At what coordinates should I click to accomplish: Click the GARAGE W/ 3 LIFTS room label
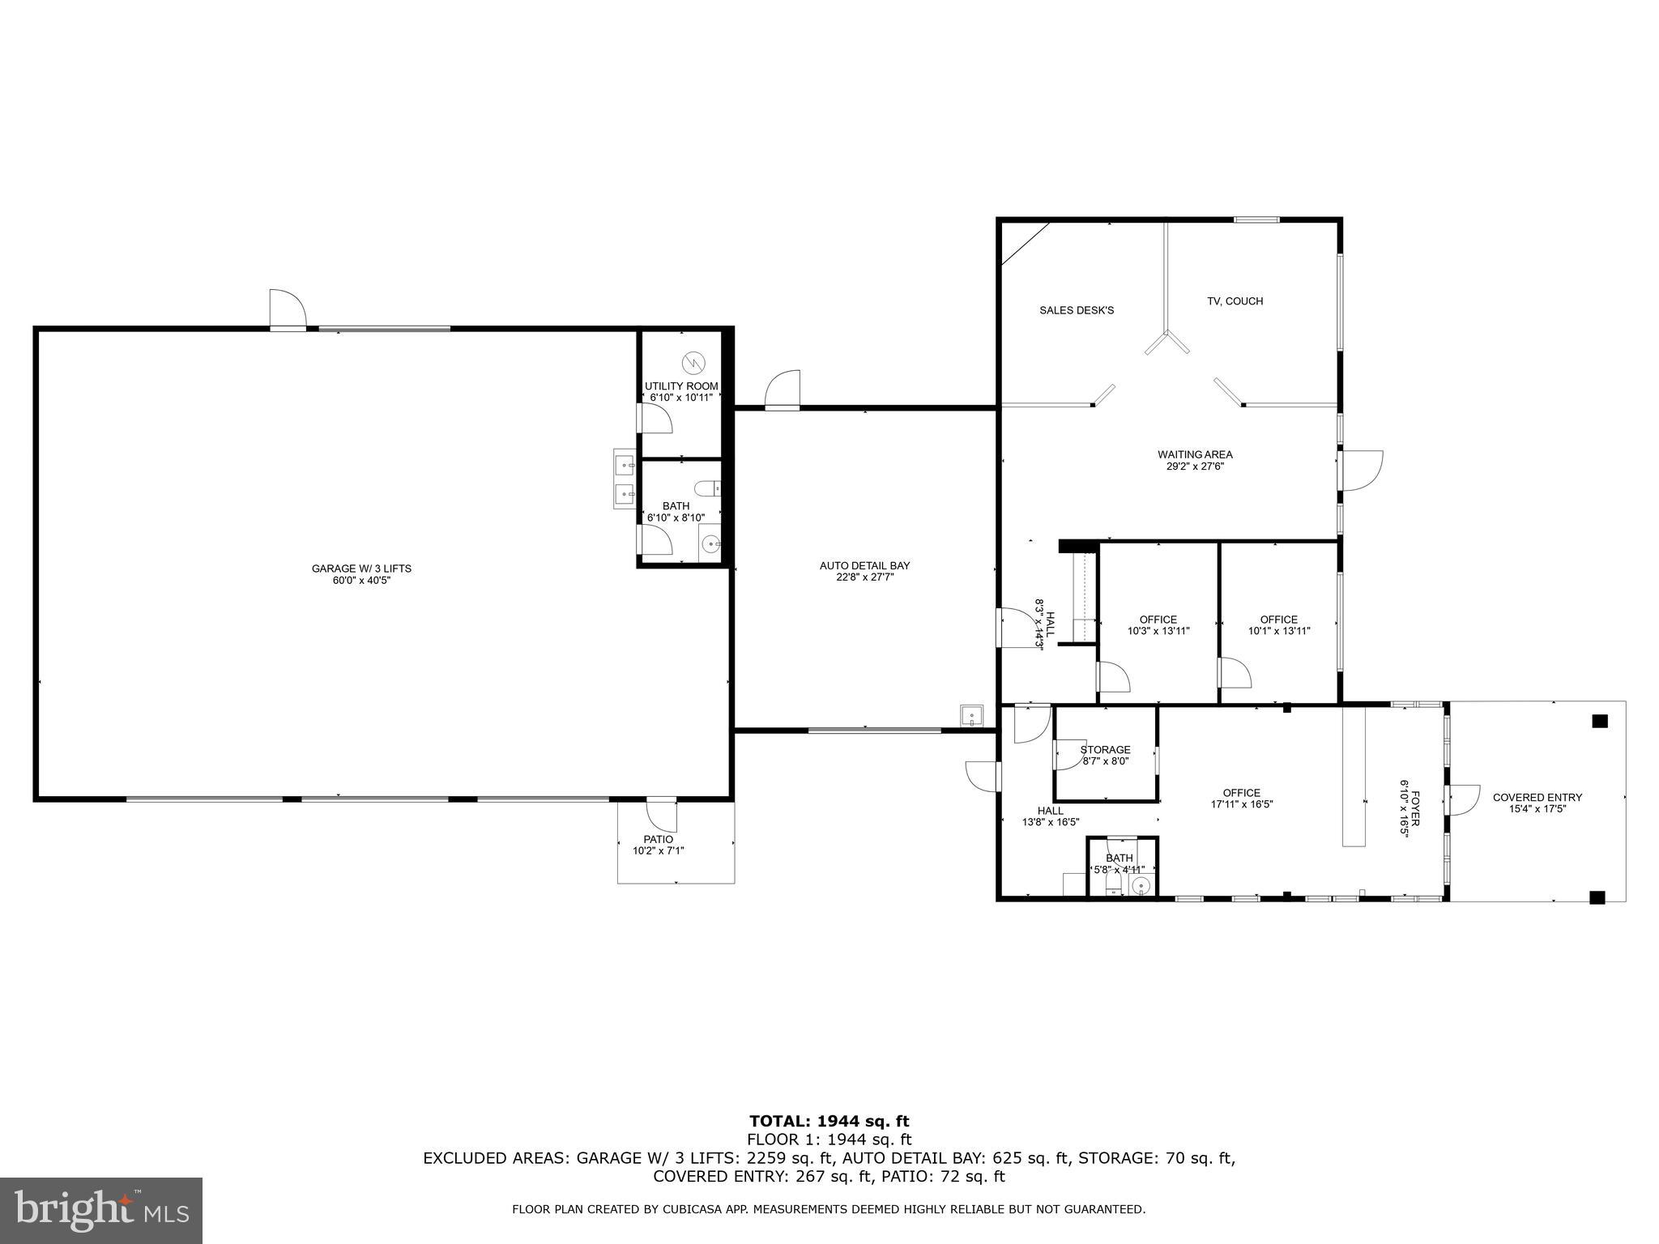[361, 569]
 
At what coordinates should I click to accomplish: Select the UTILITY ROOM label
[681, 386]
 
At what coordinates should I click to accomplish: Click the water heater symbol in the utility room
[694, 361]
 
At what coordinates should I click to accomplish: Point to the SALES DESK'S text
[1077, 310]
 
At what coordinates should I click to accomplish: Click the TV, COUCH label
[1235, 301]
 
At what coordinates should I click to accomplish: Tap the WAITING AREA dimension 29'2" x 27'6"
[1195, 466]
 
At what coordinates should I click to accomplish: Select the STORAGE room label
[1105, 750]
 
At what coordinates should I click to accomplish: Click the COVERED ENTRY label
[1537, 798]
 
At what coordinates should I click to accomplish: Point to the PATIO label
[658, 840]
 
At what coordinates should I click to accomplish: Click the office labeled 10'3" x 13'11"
[1158, 625]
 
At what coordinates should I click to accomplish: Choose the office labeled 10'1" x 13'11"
[1278, 625]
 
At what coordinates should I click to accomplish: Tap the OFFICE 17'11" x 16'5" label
[1241, 799]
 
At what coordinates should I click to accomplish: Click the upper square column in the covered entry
[1599, 722]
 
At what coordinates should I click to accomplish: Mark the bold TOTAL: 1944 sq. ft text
[829, 1122]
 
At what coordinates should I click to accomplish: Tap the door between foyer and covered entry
[1461, 800]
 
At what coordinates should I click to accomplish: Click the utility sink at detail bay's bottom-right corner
[971, 716]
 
